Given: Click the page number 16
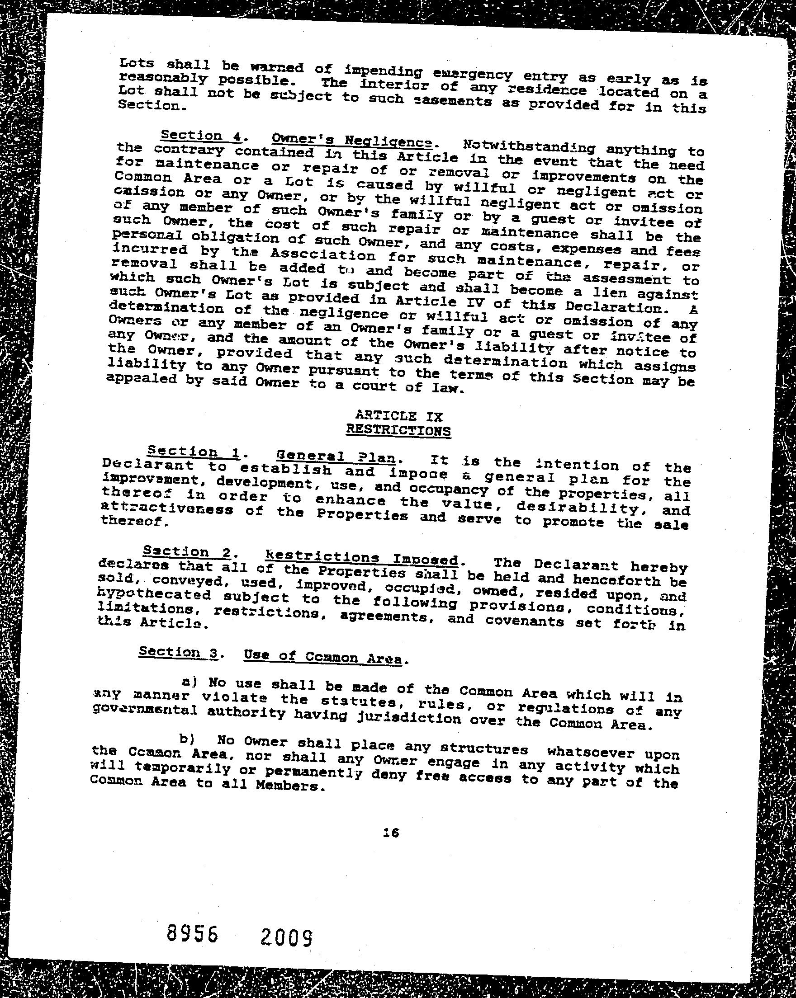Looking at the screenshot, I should (391, 833).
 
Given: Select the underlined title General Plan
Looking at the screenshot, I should (336, 457).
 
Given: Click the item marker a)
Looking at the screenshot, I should (190, 682).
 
